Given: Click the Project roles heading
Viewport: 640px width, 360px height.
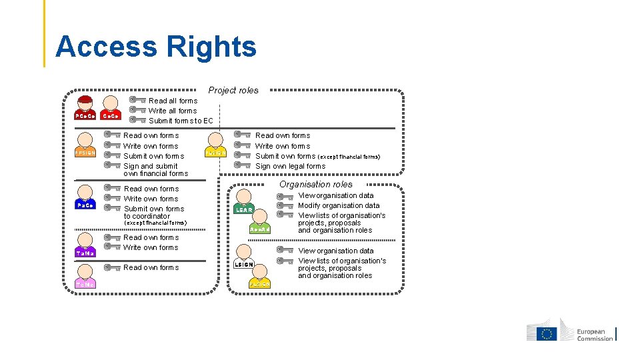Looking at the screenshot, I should tap(233, 90).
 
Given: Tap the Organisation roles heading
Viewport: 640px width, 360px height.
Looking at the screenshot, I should tap(316, 184).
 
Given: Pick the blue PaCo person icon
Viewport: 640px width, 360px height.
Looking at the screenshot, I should tap(85, 199).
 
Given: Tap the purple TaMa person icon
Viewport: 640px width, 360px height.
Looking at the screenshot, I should tap(85, 246).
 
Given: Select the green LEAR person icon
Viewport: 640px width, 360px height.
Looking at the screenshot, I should tap(244, 202).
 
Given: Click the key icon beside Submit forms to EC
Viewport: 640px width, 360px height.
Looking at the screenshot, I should tap(137, 120).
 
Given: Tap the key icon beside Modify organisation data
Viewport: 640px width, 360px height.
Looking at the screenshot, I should tap(285, 205).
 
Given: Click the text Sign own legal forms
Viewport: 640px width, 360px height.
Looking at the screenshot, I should tap(291, 166).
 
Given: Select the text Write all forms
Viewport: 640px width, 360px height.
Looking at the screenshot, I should tap(173, 111).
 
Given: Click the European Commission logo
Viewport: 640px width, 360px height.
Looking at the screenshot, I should tap(571, 333).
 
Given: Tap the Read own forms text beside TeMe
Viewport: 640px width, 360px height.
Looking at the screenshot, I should tap(151, 267).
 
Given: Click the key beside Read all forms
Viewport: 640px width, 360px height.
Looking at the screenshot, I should tap(137, 100).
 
